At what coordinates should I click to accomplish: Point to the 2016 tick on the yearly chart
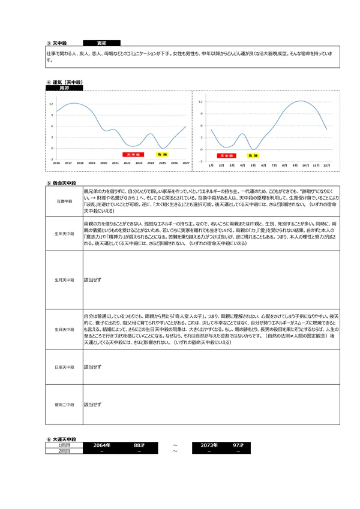56,162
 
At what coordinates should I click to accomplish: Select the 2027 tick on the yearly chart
185,162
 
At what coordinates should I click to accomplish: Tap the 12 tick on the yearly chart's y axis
51,104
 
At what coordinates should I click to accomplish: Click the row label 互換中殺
64,201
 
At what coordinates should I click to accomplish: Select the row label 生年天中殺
64,233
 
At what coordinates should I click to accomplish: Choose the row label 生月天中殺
64,279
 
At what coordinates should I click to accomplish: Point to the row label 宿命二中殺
64,405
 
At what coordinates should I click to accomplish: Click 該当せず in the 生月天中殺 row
92,279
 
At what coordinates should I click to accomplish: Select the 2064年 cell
97,445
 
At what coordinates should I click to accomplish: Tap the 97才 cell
238,445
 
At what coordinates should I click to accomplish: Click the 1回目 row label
64,445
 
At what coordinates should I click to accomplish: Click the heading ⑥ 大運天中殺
61,439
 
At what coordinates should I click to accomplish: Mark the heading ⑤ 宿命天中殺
62,183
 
